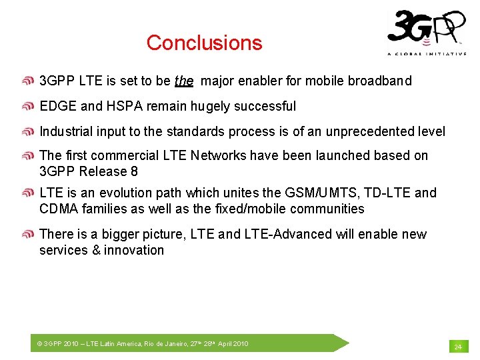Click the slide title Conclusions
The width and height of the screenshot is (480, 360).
(x=204, y=43)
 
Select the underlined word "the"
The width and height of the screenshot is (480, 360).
(x=184, y=81)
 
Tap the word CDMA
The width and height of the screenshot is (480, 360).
(x=59, y=209)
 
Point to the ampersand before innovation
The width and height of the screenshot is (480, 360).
(x=96, y=250)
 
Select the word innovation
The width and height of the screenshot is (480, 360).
(x=134, y=250)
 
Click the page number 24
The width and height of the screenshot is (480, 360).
(x=458, y=347)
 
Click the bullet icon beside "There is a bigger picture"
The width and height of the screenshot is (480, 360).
(x=28, y=234)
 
